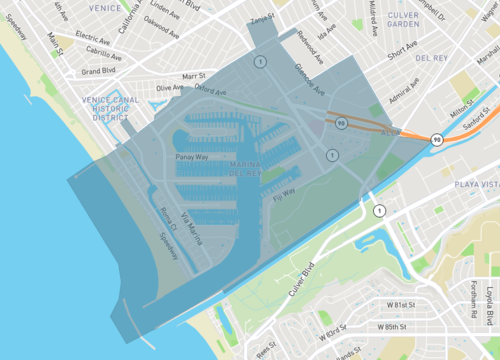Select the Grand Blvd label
click(99, 71)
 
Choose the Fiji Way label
click(283, 193)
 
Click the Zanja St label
click(263, 18)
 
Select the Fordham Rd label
click(473, 301)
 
